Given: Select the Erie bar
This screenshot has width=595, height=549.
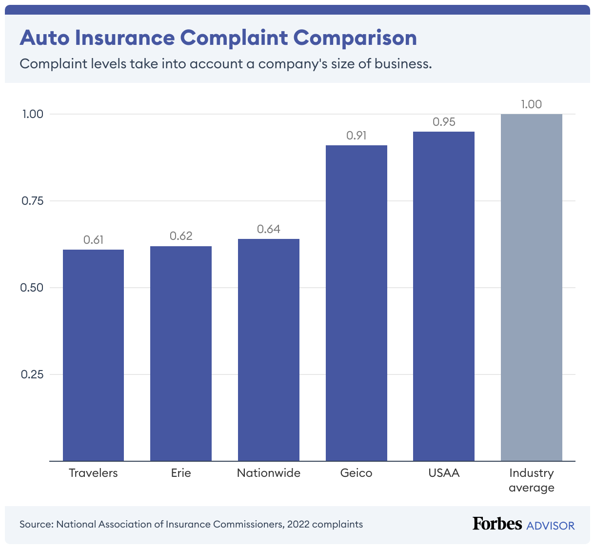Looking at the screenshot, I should tap(181, 353).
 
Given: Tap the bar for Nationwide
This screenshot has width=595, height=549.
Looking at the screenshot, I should tap(269, 350).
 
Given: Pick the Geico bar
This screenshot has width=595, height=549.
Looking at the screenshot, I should tap(357, 303).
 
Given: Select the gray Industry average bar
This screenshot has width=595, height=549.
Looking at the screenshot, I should tap(532, 287).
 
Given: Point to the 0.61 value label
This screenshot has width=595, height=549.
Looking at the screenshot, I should tap(93, 240).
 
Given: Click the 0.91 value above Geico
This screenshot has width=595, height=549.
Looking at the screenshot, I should tap(357, 136).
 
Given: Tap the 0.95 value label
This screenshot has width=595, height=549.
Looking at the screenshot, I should tap(444, 122).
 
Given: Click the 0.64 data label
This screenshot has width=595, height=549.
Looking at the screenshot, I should tap(269, 229).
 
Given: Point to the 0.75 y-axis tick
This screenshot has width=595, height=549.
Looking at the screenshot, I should tap(33, 201).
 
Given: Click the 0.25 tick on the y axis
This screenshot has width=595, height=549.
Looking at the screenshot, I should tap(32, 374).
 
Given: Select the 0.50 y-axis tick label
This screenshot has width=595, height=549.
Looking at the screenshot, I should tap(32, 288).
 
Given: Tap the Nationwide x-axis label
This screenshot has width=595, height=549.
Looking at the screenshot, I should tap(269, 473).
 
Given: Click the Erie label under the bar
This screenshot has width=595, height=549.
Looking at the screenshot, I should tap(181, 473).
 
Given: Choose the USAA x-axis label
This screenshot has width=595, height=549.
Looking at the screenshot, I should tap(444, 473).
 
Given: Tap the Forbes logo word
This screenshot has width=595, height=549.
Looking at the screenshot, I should tap(497, 524).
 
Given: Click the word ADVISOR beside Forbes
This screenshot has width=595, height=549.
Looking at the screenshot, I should tap(551, 526).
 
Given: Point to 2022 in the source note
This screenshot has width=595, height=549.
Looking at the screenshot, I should tap(298, 524).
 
